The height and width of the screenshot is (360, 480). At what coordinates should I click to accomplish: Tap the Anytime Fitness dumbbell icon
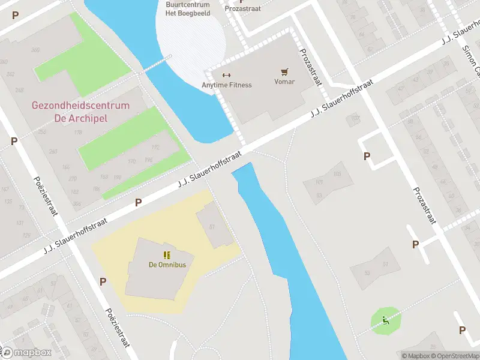pos(226,75)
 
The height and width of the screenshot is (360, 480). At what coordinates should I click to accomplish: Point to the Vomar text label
pos(284,82)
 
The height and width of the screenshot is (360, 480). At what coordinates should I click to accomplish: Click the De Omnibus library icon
pos(167,255)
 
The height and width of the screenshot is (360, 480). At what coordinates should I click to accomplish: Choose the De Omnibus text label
pos(167,265)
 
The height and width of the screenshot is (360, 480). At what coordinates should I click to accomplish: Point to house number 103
pos(337,174)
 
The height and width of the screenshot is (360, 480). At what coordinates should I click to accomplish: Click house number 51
pos(385,265)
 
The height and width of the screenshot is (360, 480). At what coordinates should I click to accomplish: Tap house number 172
pos(155,147)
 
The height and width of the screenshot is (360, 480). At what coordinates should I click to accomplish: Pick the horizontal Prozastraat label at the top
pos(243,8)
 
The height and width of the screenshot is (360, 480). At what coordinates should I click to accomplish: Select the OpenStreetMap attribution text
pos(454,356)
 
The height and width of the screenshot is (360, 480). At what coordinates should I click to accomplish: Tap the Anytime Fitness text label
pos(227,85)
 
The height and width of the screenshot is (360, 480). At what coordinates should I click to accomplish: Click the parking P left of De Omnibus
pos(103,281)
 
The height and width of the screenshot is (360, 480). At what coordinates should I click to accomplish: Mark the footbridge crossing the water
pos(155,64)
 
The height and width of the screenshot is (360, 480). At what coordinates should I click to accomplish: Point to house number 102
pos(355,118)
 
